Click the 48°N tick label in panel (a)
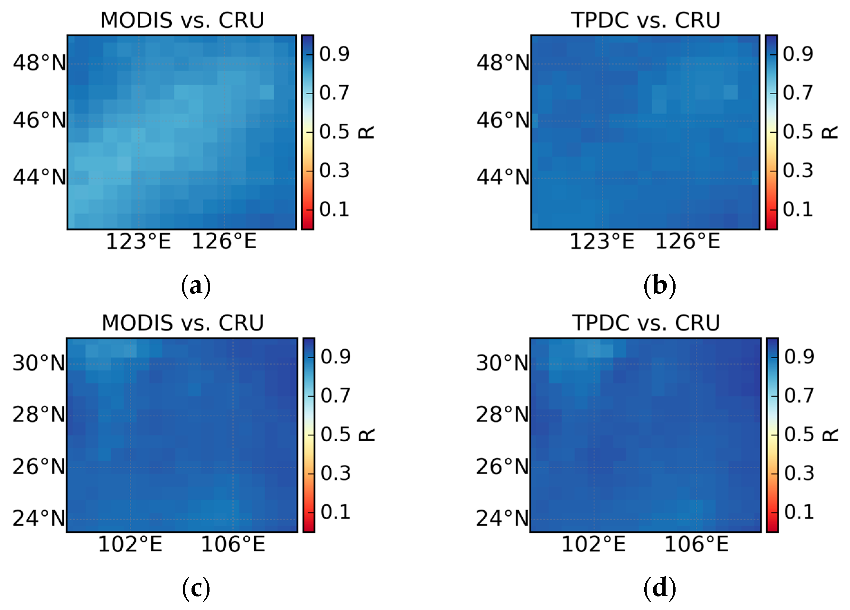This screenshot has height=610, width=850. pos(39,63)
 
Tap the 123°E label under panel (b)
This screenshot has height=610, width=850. pos(602,241)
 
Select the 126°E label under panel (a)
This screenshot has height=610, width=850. pos(224,241)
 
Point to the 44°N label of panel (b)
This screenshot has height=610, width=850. pos(503,177)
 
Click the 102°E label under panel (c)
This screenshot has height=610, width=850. pos(130,544)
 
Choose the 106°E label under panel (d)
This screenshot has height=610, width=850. pos(696,544)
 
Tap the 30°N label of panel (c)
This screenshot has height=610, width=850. pos(39,363)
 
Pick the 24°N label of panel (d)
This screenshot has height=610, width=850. pos(502,519)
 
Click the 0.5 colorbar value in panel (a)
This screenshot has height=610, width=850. pos(334,132)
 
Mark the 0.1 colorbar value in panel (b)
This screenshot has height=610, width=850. pos(798,209)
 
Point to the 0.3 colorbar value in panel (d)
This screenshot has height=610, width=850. pos(799,473)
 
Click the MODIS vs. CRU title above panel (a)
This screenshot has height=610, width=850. pos(182,20)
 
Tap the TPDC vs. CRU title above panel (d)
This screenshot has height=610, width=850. pos(646,323)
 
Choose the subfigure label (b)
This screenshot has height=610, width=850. pos(659,286)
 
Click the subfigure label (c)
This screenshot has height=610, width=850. pos(196,588)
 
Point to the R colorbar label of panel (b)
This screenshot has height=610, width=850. pos(830,132)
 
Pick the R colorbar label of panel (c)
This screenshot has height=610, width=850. pos(367,435)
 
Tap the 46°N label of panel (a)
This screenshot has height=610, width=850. pos(39,120)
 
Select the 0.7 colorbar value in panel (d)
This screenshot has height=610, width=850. pos(799,395)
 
